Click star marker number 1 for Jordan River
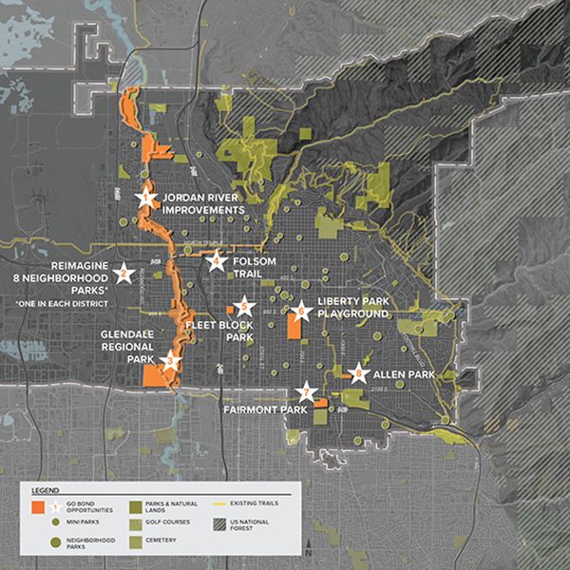145,199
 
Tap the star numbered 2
122,275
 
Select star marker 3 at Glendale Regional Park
171,360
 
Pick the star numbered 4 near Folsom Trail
216,262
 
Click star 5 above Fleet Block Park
245,306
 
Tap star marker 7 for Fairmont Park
305,391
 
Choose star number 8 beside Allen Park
357,374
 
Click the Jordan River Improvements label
203,204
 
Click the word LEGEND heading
47,489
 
